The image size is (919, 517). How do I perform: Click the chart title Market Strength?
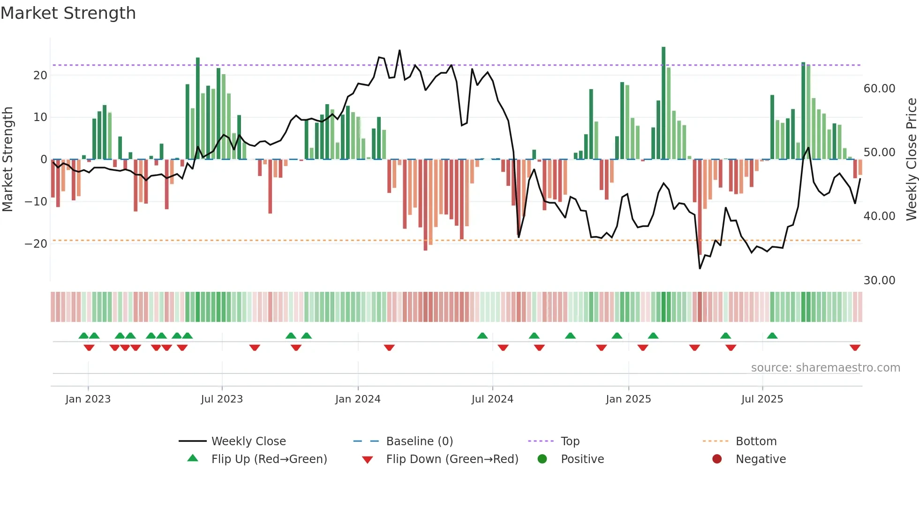point(68,13)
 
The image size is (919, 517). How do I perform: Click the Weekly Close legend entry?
point(248,441)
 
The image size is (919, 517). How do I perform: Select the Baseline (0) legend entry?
point(419,441)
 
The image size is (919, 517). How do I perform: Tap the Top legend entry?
point(570,441)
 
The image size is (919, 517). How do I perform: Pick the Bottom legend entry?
point(756,441)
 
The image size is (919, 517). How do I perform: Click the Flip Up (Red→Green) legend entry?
point(269,459)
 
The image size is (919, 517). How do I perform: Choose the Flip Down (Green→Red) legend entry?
point(452,459)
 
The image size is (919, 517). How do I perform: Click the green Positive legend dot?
point(542,459)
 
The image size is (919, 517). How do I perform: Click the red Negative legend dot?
point(717,459)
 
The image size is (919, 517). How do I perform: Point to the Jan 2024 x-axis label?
point(358,399)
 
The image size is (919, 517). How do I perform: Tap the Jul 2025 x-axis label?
point(762,399)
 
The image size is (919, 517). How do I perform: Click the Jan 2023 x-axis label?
point(88,399)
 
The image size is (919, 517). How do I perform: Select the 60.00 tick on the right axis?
point(879,89)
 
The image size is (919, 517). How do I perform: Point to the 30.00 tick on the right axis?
point(879,281)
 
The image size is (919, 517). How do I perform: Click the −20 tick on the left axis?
point(36,244)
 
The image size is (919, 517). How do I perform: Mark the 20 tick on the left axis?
point(40,76)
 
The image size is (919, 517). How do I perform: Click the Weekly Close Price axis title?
point(911,160)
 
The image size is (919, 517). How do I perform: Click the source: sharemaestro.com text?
point(825,368)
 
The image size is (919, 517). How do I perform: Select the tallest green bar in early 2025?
point(663,103)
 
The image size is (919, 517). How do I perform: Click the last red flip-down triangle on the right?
point(855,348)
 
